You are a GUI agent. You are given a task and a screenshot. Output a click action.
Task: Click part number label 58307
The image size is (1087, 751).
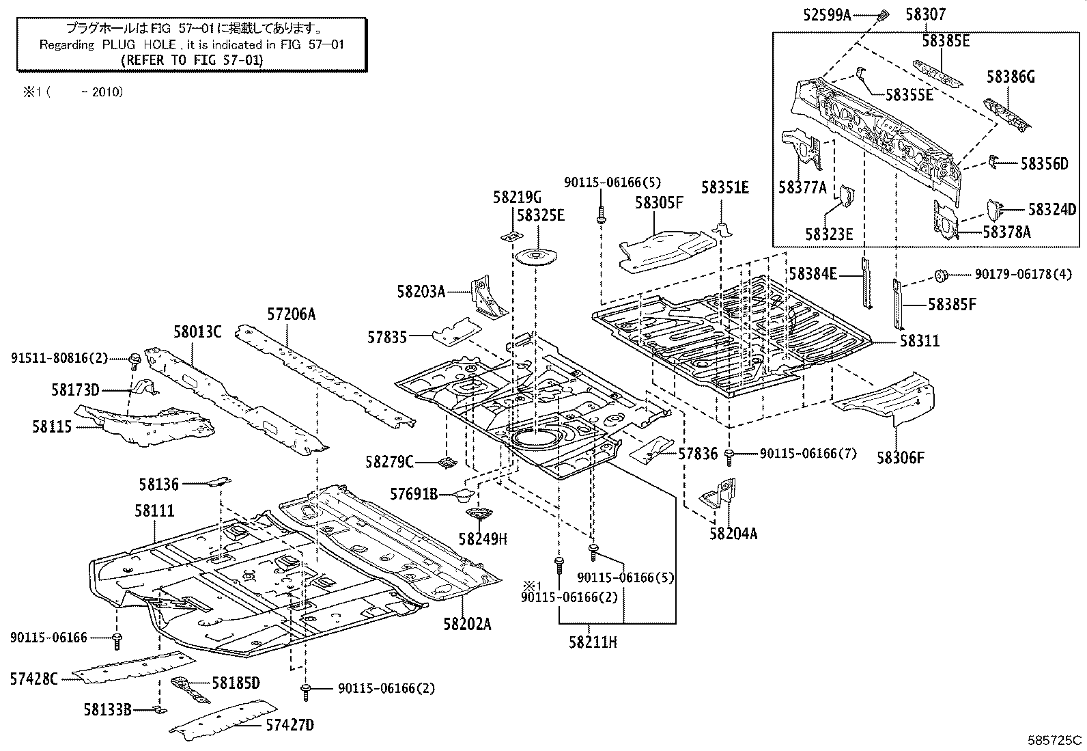pos(927,13)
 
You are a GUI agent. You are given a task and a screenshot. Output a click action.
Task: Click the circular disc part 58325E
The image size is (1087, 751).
pos(535,257)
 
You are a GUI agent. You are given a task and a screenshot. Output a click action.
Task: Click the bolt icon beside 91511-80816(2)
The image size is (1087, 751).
pos(135,357)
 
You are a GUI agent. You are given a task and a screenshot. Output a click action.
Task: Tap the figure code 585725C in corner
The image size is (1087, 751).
pos(1056,739)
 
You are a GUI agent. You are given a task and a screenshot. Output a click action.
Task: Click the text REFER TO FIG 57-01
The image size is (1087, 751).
pos(191,59)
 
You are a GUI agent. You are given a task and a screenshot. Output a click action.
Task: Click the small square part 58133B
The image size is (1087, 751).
pos(158,710)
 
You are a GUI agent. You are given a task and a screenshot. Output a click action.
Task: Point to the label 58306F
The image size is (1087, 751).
pos(901,457)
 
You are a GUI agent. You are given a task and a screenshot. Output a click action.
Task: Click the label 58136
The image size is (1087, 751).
pos(158,484)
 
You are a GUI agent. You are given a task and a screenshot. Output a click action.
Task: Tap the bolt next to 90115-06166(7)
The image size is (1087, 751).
pos(730,452)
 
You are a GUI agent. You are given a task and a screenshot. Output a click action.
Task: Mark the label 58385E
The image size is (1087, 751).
pos(946,40)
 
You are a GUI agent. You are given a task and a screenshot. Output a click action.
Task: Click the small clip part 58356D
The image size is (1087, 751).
pos(995,162)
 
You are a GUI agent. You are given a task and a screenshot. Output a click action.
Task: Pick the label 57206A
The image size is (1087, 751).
pos(292,314)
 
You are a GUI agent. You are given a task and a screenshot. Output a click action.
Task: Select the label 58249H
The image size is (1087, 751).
pos(483,539)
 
